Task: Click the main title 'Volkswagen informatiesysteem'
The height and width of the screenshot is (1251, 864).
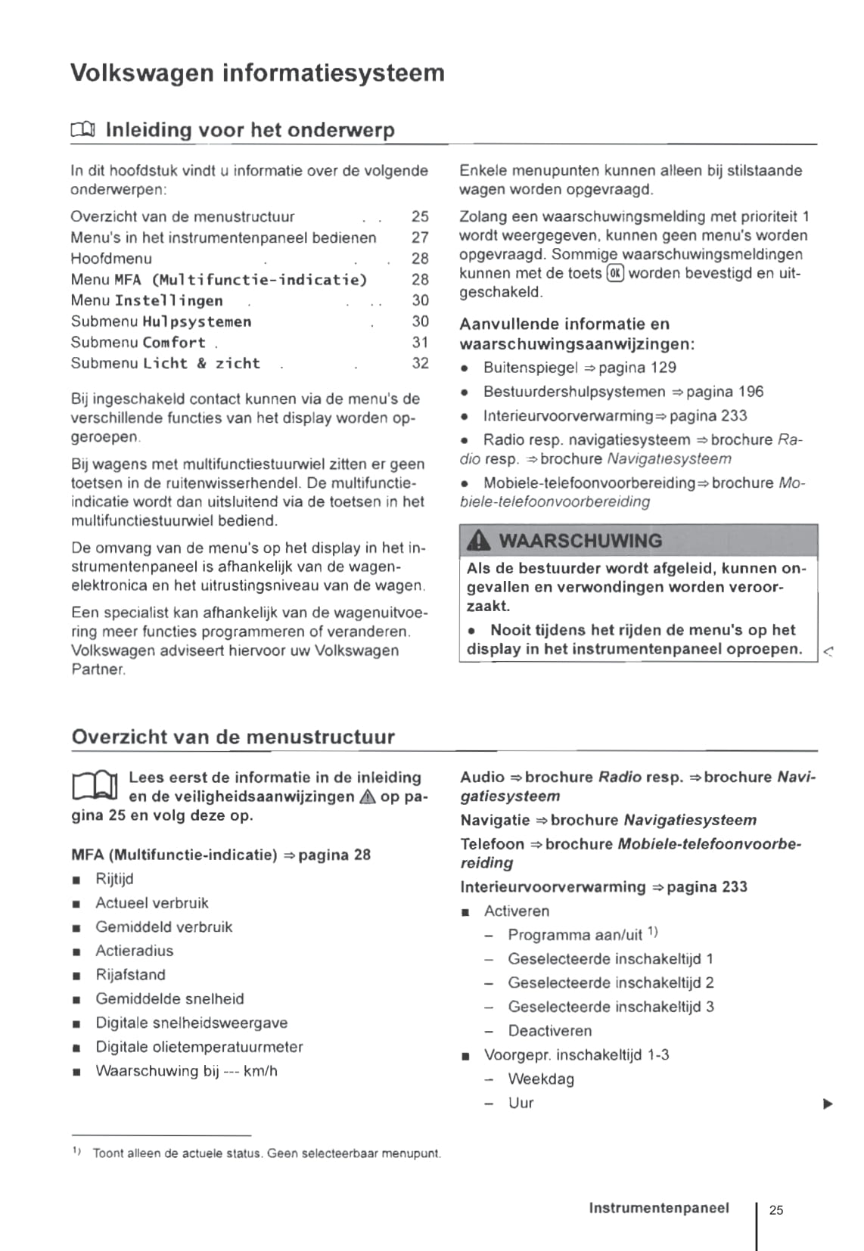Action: (257, 73)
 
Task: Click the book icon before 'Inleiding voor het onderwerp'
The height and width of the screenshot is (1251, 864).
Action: (82, 130)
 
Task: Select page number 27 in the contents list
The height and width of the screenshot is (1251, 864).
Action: (420, 237)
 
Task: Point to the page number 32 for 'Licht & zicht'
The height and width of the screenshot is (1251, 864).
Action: (420, 363)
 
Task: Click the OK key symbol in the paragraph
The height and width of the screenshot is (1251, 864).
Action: (615, 274)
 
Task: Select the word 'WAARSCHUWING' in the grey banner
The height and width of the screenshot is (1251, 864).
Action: (580, 541)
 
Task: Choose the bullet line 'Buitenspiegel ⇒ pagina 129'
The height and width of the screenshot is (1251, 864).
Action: (580, 368)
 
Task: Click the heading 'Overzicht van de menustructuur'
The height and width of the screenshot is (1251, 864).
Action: (233, 737)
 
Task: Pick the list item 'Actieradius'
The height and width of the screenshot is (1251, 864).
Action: (134, 951)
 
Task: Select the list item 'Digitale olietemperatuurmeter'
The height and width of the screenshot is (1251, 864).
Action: (199, 1047)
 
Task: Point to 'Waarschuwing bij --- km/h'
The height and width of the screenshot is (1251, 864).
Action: (186, 1071)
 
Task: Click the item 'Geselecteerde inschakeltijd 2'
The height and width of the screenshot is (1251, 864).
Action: (611, 982)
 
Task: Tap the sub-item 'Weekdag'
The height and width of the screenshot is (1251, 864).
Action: (541, 1079)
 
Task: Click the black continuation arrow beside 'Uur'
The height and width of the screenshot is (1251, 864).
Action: (828, 1104)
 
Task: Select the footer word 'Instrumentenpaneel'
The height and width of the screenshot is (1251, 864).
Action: (659, 1208)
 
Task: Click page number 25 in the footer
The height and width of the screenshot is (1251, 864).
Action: (776, 1210)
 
